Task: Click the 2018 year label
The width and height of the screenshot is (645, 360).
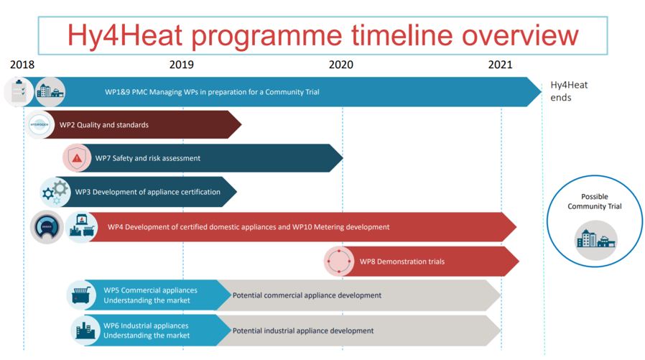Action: pyautogui.click(x=22, y=65)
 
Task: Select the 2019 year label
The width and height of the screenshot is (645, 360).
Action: pyautogui.click(x=182, y=65)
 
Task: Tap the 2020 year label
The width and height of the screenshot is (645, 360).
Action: pyautogui.click(x=341, y=65)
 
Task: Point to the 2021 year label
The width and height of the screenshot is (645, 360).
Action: pyautogui.click(x=500, y=65)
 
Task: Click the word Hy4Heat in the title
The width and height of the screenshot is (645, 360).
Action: pyautogui.click(x=125, y=35)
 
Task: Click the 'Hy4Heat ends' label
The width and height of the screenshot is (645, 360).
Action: pyautogui.click(x=569, y=91)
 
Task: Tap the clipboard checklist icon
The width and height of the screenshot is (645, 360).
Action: pyautogui.click(x=19, y=92)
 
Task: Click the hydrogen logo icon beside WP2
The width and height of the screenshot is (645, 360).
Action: pyautogui.click(x=40, y=124)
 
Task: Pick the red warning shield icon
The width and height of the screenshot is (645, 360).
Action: pyautogui.click(x=77, y=158)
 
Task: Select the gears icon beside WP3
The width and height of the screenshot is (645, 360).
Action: pyautogui.click(x=55, y=192)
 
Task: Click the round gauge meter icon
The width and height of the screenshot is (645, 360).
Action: pyautogui.click(x=47, y=227)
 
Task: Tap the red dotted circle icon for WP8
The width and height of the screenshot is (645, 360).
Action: pyautogui.click(x=339, y=262)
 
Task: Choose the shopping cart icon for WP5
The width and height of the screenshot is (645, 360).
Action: pyautogui.click(x=81, y=295)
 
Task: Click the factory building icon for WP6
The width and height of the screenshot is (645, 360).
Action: pyautogui.click(x=85, y=331)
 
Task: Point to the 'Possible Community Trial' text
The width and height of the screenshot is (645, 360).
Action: pyautogui.click(x=595, y=202)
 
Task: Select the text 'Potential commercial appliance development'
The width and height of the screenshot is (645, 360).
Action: pyautogui.click(x=307, y=295)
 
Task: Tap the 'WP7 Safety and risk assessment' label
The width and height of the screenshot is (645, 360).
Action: pyautogui.click(x=148, y=158)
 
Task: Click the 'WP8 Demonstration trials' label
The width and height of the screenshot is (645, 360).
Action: pyautogui.click(x=402, y=262)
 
